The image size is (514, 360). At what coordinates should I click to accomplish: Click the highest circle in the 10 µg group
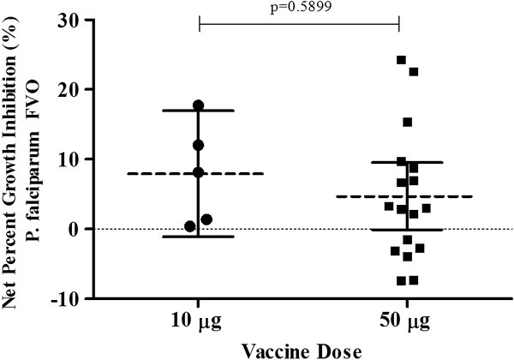click(x=199, y=105)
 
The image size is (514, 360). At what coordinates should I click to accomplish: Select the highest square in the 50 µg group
click(x=401, y=60)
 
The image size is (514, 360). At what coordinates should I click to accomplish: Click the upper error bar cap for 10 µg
click(x=199, y=110)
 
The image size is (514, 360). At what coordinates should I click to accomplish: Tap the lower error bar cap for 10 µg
click(x=199, y=236)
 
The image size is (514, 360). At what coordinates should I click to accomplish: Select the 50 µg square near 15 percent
click(x=408, y=123)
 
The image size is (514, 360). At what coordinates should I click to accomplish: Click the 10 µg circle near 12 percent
click(x=199, y=145)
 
